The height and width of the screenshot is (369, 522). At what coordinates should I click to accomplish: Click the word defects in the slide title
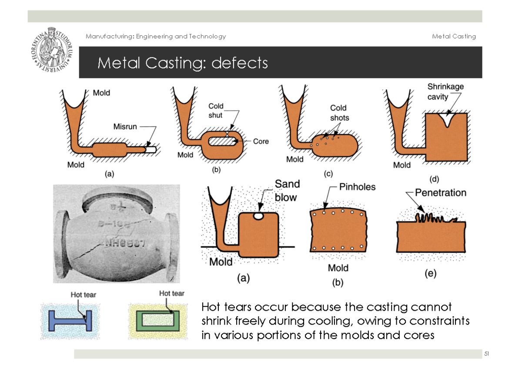coord(240,64)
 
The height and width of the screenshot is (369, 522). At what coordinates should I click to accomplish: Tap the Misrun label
coord(125,127)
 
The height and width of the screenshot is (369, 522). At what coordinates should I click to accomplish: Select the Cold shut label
coord(215,111)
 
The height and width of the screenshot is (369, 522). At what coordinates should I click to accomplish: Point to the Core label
coord(261,141)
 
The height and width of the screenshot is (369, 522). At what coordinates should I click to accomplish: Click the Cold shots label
coord(339,112)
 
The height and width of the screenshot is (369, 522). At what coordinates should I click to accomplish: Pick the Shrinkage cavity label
coord(445,91)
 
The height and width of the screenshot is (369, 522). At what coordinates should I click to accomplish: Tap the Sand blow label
coord(286,191)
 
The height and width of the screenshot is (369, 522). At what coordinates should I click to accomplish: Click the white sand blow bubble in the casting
coord(259,215)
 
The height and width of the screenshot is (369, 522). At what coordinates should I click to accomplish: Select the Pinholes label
coord(357,187)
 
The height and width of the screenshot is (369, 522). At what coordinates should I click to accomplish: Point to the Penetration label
coord(440,192)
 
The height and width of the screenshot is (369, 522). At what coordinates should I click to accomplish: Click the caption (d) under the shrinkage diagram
coord(435,179)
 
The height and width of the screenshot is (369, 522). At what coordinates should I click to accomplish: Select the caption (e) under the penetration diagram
coord(430,274)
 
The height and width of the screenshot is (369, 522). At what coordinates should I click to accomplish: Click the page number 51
coord(486,354)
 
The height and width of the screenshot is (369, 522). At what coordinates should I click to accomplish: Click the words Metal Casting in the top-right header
coord(454,37)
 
